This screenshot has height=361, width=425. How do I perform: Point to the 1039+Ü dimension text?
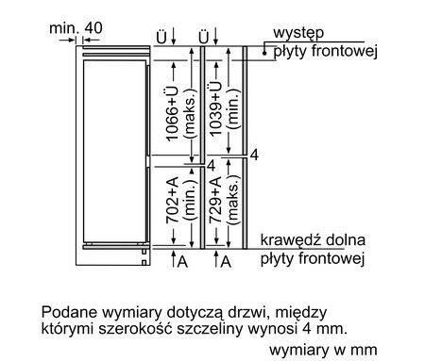pos(219,104)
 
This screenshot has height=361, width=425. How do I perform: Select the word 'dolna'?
pos(346,240)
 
